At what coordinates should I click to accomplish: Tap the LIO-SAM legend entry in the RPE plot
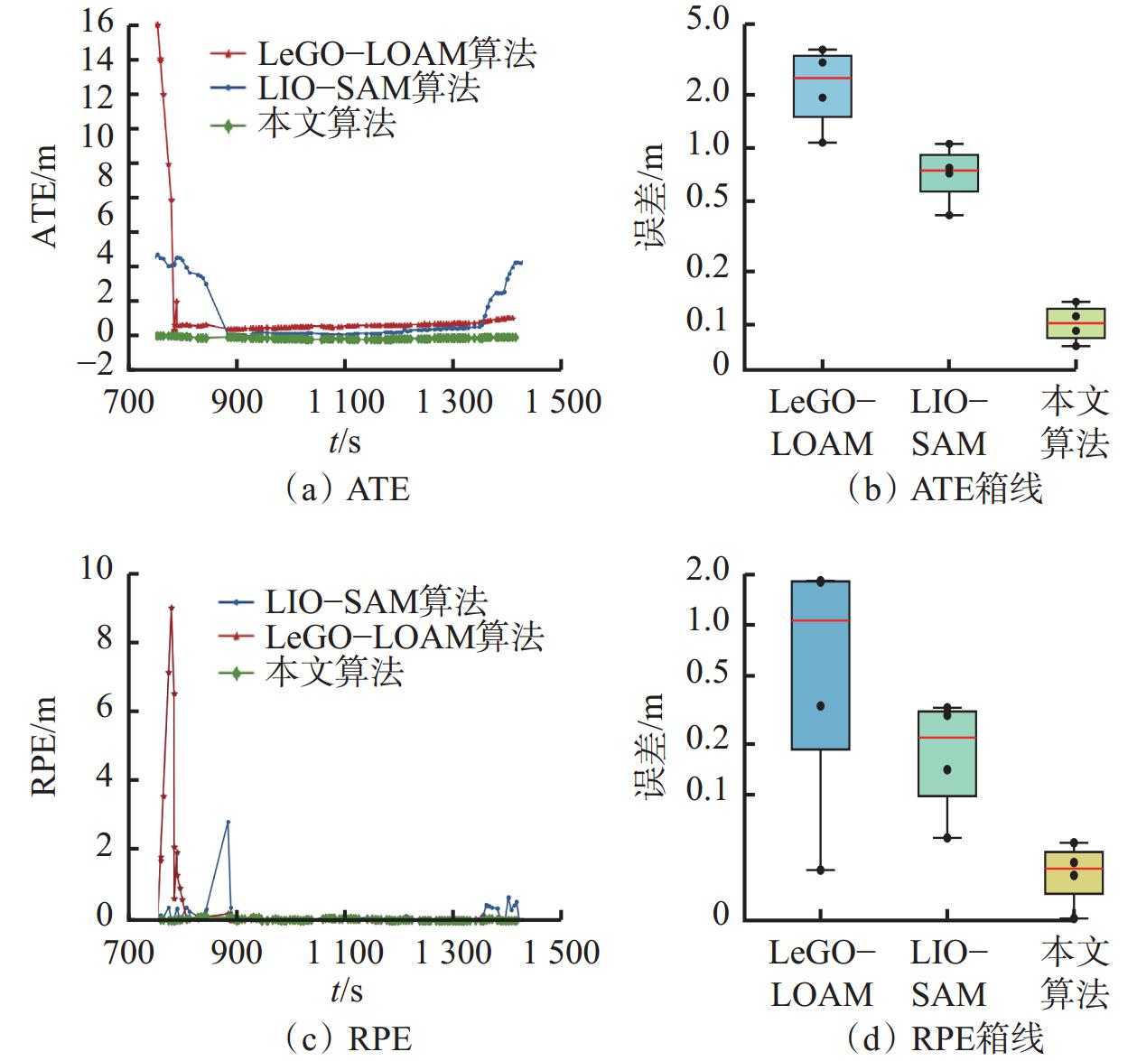click(376, 601)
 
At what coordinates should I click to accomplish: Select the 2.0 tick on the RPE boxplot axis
click(708, 571)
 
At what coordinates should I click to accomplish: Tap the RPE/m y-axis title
click(46, 745)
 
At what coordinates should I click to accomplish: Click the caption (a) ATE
click(347, 489)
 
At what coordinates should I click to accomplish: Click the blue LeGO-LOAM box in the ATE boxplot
click(823, 86)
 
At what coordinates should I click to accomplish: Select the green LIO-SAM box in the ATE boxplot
click(949, 172)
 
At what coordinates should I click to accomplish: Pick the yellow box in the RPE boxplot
click(1074, 872)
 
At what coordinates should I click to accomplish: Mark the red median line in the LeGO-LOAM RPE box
click(821, 620)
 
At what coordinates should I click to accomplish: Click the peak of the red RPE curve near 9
click(172, 608)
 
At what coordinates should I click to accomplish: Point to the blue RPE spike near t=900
click(228, 822)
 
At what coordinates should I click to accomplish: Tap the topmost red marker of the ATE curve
click(157, 25)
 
